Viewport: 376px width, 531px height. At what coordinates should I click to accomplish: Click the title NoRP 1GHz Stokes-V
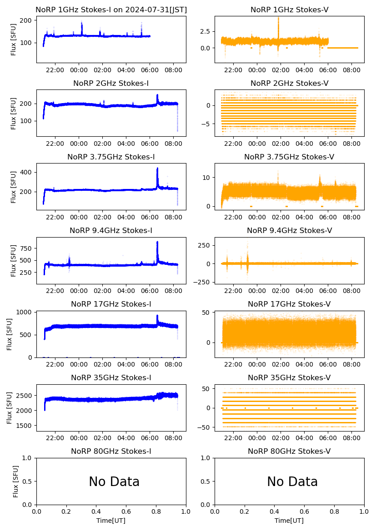[x=290, y=10]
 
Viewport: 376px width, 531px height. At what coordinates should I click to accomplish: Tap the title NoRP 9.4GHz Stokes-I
[x=111, y=231]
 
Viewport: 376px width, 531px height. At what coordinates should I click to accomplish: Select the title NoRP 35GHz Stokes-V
[x=290, y=378]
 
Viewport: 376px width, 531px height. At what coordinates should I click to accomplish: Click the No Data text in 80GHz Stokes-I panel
[x=114, y=482]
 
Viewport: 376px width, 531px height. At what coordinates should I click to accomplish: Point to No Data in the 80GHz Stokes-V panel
[x=292, y=482]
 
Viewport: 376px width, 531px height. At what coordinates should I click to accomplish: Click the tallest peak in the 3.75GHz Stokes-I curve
[x=157, y=169]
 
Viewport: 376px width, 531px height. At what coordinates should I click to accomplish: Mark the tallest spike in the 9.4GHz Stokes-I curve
[x=157, y=242]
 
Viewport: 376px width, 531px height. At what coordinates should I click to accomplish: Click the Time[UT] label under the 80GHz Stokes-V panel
[x=290, y=521]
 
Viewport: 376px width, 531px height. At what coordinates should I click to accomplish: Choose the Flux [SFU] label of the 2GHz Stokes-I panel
[x=14, y=113]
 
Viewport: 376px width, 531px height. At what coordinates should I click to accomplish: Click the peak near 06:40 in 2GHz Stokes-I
[x=157, y=95]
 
